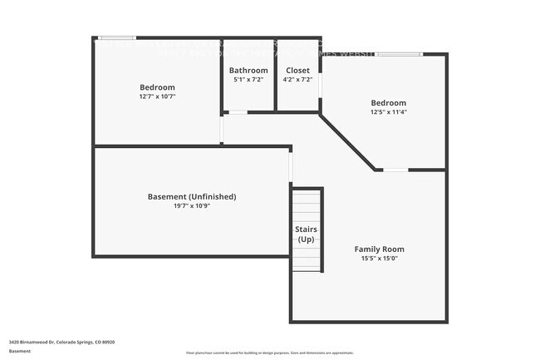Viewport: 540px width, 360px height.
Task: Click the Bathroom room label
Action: pyautogui.click(x=248, y=71)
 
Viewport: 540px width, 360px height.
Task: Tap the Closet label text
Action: pyautogui.click(x=297, y=71)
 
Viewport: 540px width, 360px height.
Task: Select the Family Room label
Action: pyautogui.click(x=379, y=249)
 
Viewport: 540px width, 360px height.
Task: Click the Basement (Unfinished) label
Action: pyautogui.click(x=191, y=196)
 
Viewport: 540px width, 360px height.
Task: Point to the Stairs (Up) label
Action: pyautogui.click(x=307, y=234)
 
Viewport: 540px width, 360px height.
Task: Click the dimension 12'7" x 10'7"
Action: pyautogui.click(x=157, y=96)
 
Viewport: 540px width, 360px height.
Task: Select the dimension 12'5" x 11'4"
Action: pyautogui.click(x=388, y=112)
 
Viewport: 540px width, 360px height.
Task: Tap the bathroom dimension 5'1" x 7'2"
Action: pyautogui.click(x=248, y=80)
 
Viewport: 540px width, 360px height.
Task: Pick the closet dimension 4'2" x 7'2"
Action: pyautogui.click(x=297, y=80)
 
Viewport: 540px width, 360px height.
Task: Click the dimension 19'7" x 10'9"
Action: pyautogui.click(x=191, y=206)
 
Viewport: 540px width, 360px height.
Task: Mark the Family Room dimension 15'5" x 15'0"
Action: pyautogui.click(x=379, y=259)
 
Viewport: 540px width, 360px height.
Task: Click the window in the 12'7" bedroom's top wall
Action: pyautogui.click(x=117, y=37)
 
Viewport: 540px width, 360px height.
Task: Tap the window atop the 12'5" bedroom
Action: pyautogui.click(x=400, y=55)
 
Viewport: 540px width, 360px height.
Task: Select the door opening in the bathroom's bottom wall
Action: pyautogui.click(x=238, y=111)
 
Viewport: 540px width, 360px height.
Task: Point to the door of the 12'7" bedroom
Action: pyautogui.click(x=221, y=130)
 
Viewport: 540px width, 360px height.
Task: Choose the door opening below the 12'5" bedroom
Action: pyautogui.click(x=395, y=170)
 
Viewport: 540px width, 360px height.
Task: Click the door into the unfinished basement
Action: pyautogui.click(x=291, y=166)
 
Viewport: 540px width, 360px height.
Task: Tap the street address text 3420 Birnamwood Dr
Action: pyautogui.click(x=61, y=342)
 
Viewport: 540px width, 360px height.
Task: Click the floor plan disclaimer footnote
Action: pyautogui.click(x=270, y=353)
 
